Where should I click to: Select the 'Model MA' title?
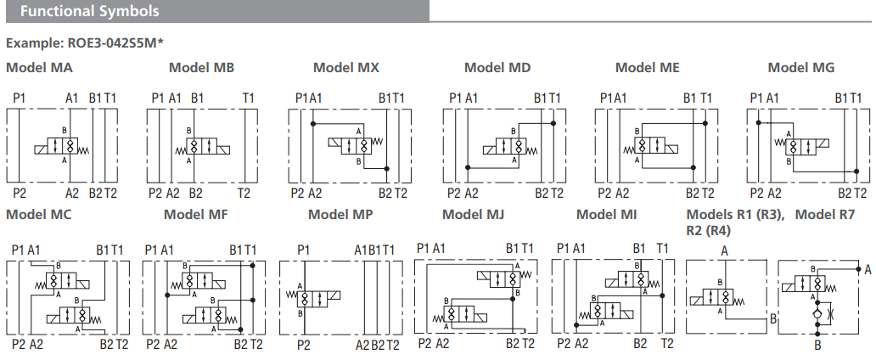pos(39,68)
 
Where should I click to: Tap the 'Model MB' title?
pos(201,68)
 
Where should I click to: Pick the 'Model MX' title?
pos(346,68)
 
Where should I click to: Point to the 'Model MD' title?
pos(497,68)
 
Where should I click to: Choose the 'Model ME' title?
pos(647,68)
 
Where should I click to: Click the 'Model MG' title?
pos(801,68)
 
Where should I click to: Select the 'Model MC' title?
pos(38,214)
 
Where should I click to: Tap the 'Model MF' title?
pos(196,214)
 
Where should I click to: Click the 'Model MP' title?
pos(340,214)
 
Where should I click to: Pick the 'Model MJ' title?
pos(473,214)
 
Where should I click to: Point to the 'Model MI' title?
pos(607,214)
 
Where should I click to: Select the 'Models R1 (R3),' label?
pos(735,214)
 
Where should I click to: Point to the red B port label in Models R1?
pos(772,319)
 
